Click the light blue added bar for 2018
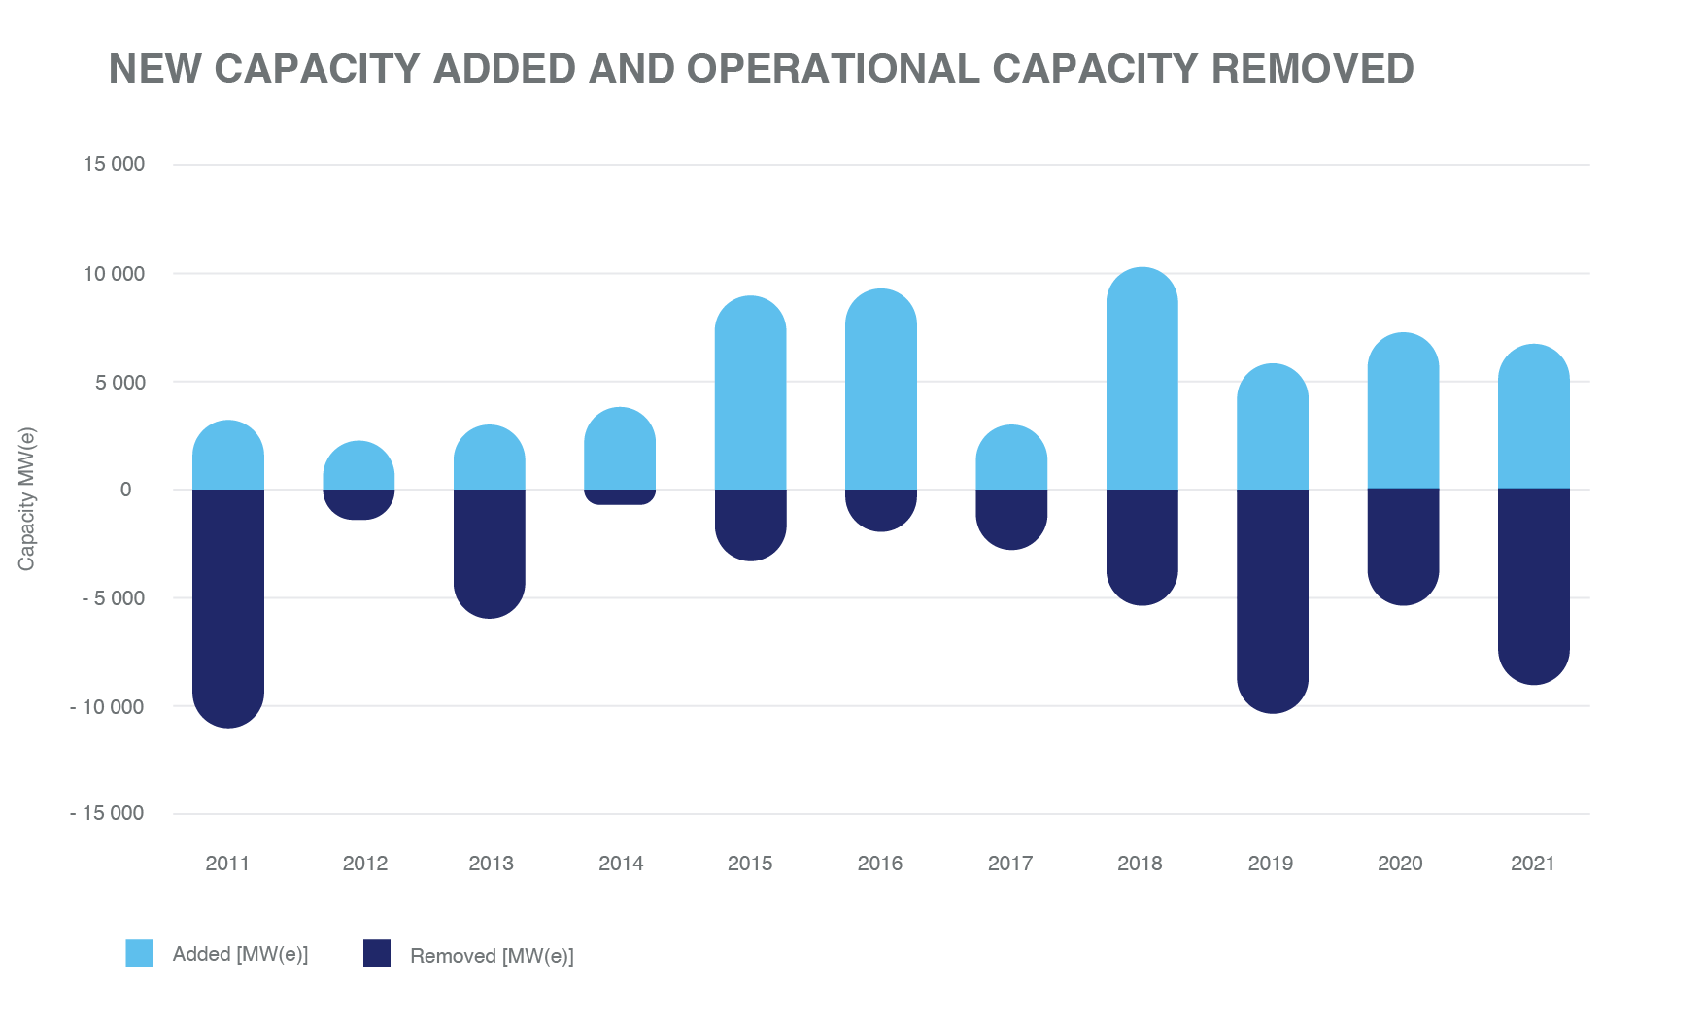1142,379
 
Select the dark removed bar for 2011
228,607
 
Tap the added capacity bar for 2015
750,393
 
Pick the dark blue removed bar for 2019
1272,600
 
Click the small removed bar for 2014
620,496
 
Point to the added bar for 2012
358,466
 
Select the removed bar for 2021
1533,586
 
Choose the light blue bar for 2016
880,390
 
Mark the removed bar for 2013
490,553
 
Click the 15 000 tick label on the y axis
114,164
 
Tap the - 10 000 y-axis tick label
107,707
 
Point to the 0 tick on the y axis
125,490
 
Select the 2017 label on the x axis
1010,864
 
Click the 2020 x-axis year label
1400,864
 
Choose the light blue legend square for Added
139,953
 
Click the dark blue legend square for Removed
377,953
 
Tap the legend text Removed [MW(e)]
492,956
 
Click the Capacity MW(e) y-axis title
26,498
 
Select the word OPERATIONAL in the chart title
833,69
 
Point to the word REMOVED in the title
1312,69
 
